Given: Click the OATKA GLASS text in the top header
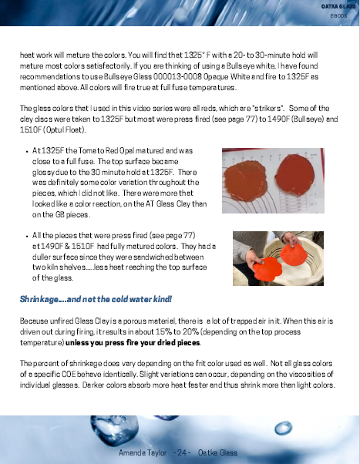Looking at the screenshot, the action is point(336,5).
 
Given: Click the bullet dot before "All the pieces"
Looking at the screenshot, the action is point(28,235).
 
